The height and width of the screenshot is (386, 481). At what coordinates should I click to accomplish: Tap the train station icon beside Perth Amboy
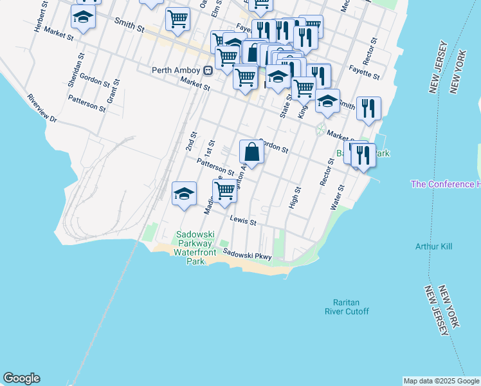pos(208,70)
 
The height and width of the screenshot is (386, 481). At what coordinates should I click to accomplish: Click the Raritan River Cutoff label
pos(351,307)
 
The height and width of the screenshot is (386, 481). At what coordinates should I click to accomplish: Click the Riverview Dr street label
pos(42,109)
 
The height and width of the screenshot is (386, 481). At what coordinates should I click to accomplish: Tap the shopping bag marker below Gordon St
pos(251,153)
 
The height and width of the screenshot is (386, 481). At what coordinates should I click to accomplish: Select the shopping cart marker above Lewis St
pos(225,191)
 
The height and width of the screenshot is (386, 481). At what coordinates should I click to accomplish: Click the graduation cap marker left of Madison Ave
pos(184,194)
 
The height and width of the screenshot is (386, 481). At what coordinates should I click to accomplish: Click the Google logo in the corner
pos(21,378)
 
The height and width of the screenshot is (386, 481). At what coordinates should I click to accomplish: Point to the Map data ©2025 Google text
pos(441,381)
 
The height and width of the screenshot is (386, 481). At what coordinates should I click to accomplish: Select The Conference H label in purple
pos(445,185)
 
